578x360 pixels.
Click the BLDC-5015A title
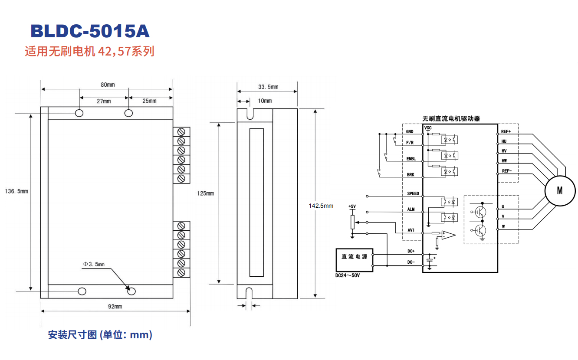90,31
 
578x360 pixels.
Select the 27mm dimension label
104,101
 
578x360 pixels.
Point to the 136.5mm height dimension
16,191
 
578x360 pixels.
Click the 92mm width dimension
115,307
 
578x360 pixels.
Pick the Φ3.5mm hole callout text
94,264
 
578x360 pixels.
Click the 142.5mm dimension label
321,206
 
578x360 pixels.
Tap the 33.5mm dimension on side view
268,87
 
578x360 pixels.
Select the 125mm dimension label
205,193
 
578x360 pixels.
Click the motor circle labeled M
560,190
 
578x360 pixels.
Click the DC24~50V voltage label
348,275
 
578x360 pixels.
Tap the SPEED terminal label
413,193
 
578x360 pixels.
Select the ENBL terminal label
411,159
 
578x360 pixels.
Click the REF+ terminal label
506,131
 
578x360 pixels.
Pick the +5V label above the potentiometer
352,206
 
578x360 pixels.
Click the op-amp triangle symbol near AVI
448,235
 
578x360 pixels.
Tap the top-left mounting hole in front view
79,113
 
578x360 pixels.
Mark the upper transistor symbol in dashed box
480,211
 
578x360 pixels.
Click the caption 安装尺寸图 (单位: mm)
100,335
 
